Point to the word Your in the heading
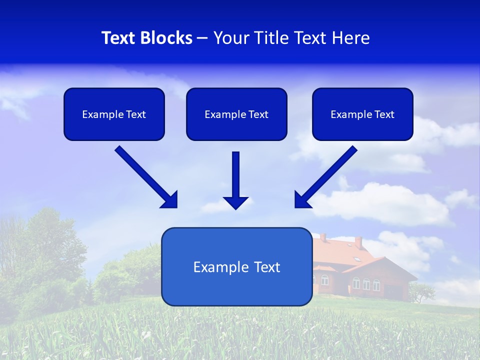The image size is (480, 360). (231, 38)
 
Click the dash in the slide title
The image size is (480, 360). (202, 38)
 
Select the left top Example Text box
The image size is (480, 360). (114, 114)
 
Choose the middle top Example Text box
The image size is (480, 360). (236, 114)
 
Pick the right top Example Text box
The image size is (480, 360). (362, 114)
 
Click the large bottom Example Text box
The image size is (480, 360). (236, 266)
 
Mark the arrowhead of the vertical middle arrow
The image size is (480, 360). (236, 202)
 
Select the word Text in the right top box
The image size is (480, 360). (384, 114)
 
